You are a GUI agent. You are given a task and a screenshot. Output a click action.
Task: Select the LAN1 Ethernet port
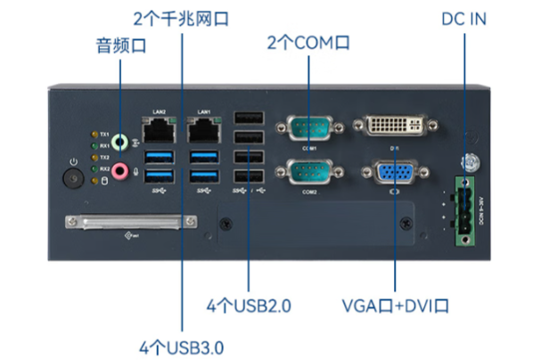tap(204, 132)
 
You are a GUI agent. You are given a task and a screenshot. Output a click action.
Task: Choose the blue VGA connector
tap(393, 173)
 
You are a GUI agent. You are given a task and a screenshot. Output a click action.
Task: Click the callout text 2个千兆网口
tap(181, 18)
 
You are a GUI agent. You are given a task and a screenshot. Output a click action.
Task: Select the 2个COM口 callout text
tap(307, 42)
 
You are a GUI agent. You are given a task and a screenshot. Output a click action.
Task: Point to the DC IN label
tap(464, 18)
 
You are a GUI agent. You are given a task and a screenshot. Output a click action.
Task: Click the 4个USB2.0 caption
tap(250, 306)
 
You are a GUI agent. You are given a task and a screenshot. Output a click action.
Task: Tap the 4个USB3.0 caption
tap(181, 345)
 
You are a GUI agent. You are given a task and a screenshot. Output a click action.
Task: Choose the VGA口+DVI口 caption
tap(395, 306)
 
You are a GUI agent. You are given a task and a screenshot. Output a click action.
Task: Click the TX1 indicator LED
tap(94, 135)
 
